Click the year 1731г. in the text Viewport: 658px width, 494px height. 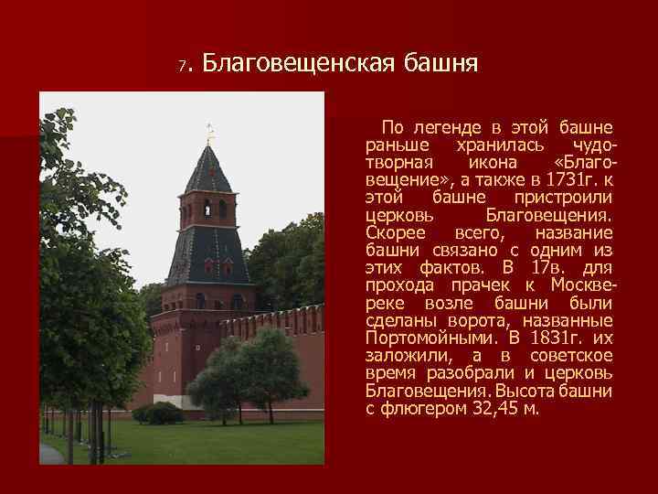[564, 180]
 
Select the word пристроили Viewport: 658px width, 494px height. [564, 198]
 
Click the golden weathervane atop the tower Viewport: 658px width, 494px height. [209, 133]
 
